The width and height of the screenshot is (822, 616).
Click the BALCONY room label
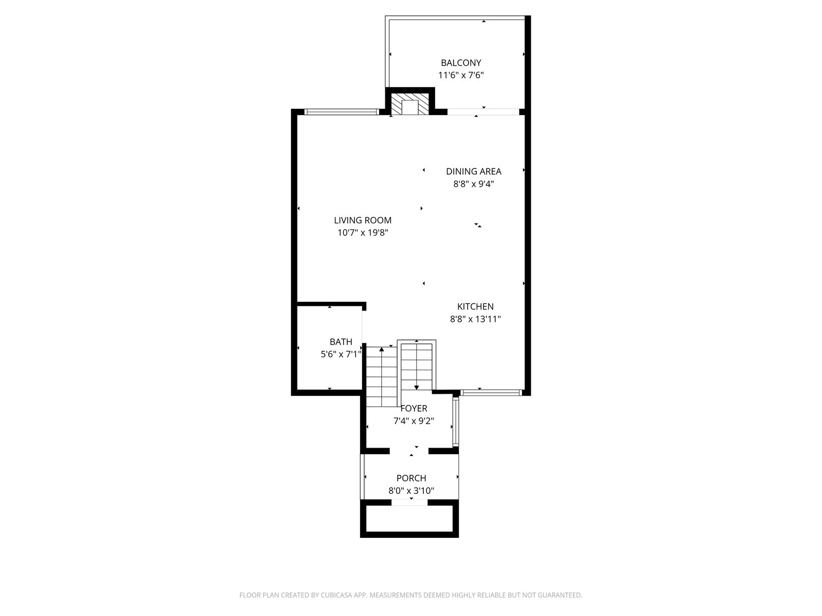coord(461,63)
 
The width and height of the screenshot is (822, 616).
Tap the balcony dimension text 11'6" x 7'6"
coord(461,75)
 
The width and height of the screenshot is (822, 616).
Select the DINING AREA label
coord(473,171)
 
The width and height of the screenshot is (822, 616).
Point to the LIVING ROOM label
coord(363,220)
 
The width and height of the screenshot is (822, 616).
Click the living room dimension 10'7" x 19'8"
coord(363,233)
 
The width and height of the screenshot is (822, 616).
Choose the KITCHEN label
coord(475,306)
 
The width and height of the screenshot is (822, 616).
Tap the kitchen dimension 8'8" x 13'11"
coord(475,319)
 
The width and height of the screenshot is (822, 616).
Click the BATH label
coord(341,342)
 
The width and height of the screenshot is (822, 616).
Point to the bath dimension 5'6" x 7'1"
coord(341,354)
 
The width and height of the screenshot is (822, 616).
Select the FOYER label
coord(414,409)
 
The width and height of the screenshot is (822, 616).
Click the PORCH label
coord(411,478)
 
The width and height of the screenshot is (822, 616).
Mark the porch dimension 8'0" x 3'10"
coord(411,491)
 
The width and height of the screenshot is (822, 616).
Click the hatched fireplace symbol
coord(410,104)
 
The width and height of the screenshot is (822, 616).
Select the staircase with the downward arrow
coord(417,364)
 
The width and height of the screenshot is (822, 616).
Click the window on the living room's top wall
coord(341,111)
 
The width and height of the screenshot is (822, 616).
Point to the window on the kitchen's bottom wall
coord(491,393)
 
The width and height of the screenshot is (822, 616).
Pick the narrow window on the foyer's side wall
coord(456,421)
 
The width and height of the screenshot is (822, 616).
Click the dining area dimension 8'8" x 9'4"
coord(474,184)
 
